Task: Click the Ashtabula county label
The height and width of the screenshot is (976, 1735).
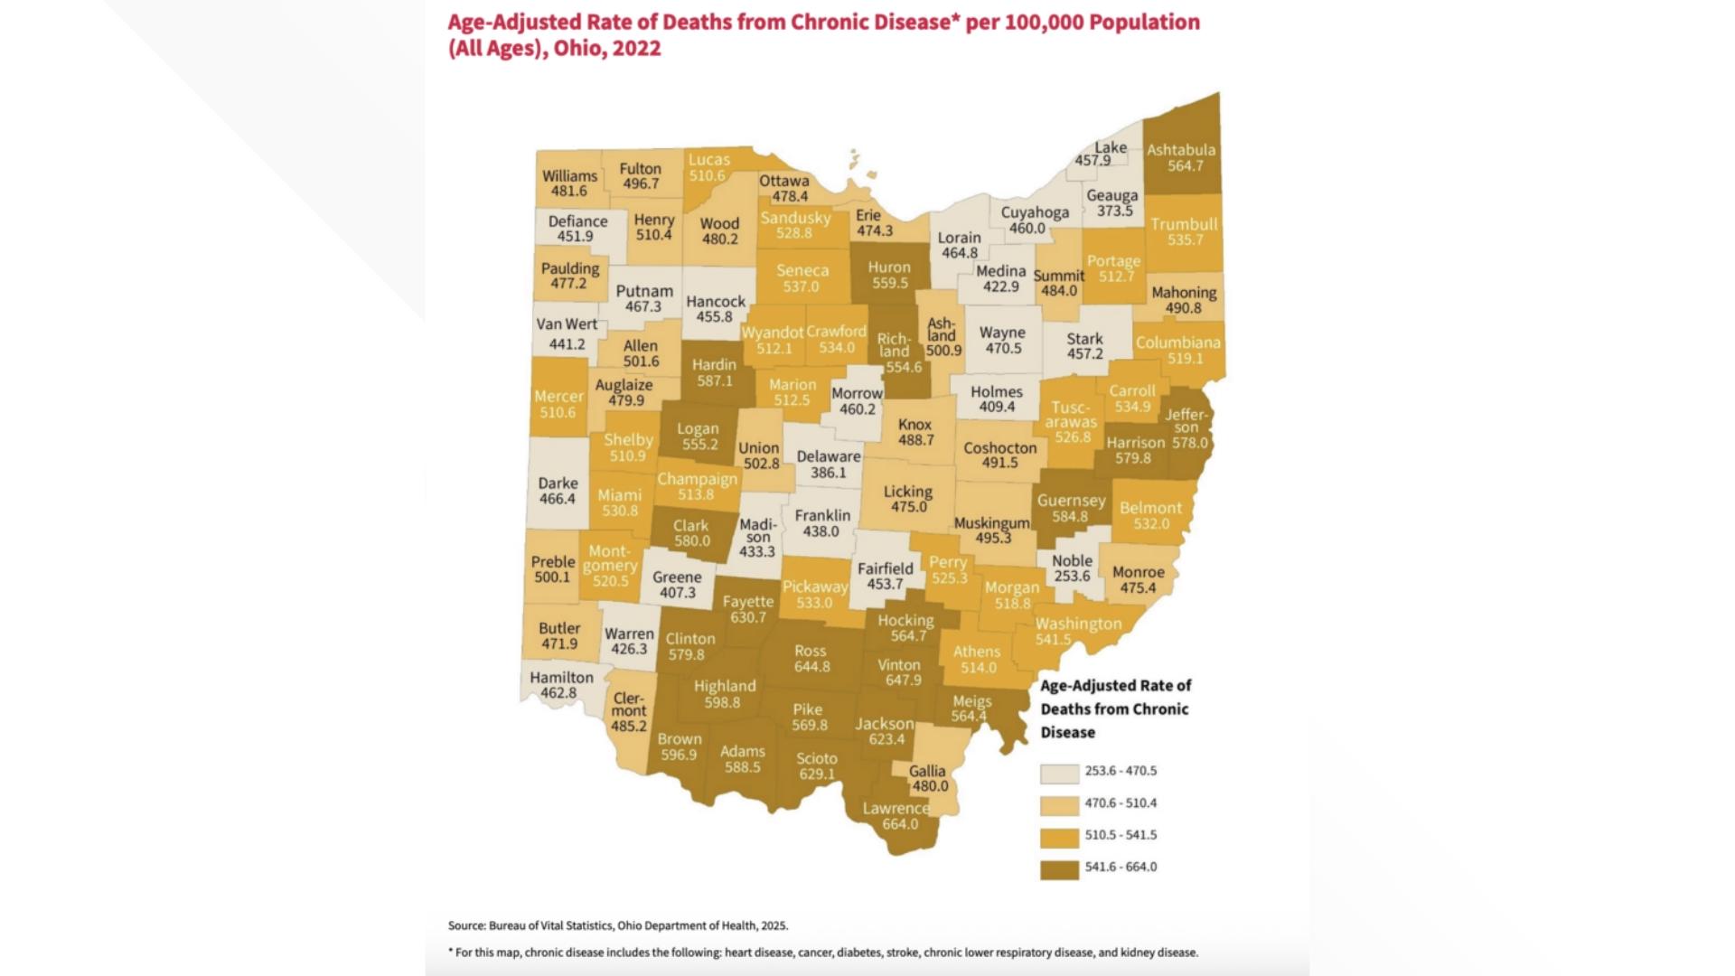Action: (1180, 150)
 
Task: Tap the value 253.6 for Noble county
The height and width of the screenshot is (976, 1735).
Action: (1072, 576)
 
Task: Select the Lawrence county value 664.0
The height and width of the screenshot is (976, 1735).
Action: (899, 823)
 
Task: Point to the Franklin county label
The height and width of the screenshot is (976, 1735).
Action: (821, 515)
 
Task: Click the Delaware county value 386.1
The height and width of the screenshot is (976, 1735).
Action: (828, 472)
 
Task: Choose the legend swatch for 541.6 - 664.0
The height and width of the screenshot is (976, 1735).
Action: (1059, 868)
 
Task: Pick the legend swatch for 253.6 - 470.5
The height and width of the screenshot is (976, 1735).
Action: (1059, 773)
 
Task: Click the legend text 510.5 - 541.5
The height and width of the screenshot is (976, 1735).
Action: (1121, 835)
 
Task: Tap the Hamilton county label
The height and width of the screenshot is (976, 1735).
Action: (561, 677)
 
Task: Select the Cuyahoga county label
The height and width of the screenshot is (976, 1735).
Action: (1035, 212)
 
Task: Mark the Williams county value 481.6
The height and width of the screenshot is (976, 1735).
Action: (569, 191)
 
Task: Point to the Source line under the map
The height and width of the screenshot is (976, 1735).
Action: (618, 925)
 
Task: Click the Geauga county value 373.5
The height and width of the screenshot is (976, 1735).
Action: (1114, 211)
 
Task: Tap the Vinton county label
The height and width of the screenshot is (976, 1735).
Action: (898, 664)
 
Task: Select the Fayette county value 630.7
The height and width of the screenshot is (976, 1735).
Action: (747, 617)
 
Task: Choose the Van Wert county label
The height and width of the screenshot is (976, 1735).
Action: (567, 324)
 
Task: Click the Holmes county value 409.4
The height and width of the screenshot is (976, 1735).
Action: (997, 407)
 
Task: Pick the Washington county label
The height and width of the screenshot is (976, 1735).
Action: (1078, 624)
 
